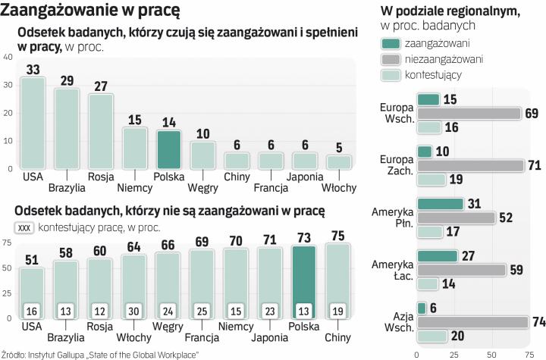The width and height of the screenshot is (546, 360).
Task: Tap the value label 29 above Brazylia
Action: pyautogui.click(x=67, y=80)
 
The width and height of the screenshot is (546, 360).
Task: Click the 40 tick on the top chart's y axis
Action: pyautogui.click(x=8, y=58)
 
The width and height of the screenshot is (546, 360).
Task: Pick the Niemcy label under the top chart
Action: pyautogui.click(x=134, y=187)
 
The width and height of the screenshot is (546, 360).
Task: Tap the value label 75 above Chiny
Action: pyautogui.click(x=337, y=235)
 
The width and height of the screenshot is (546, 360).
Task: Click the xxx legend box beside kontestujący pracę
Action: pyautogui.click(x=23, y=227)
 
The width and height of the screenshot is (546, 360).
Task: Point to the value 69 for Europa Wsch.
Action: pyautogui.click(x=532, y=114)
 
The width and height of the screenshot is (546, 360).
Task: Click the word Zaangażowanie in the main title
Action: pyautogui.click(x=55, y=11)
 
